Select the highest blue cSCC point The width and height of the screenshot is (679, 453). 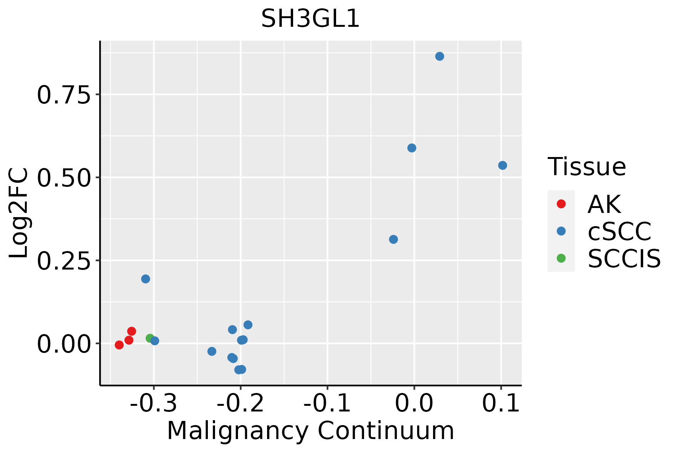tap(439, 56)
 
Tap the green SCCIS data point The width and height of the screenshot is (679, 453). tap(150, 338)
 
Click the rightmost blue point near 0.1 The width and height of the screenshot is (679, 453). tap(502, 165)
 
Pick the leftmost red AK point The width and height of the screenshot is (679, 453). tap(119, 345)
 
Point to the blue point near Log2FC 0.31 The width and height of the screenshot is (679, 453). tap(393, 239)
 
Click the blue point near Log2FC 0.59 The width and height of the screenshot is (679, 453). tap(412, 148)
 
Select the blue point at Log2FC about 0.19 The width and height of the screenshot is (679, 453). tap(146, 279)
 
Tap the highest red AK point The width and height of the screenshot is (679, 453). tap(132, 331)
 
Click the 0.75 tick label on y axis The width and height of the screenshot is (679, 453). tap(64, 95)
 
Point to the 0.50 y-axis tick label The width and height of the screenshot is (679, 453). tap(64, 178)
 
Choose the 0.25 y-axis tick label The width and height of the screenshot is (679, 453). tap(64, 261)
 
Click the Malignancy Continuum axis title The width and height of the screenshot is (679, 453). tap(310, 430)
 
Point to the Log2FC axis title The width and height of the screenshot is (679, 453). tap(19, 213)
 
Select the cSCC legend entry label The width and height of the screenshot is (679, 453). tap(619, 231)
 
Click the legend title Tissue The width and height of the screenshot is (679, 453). tap(587, 166)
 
